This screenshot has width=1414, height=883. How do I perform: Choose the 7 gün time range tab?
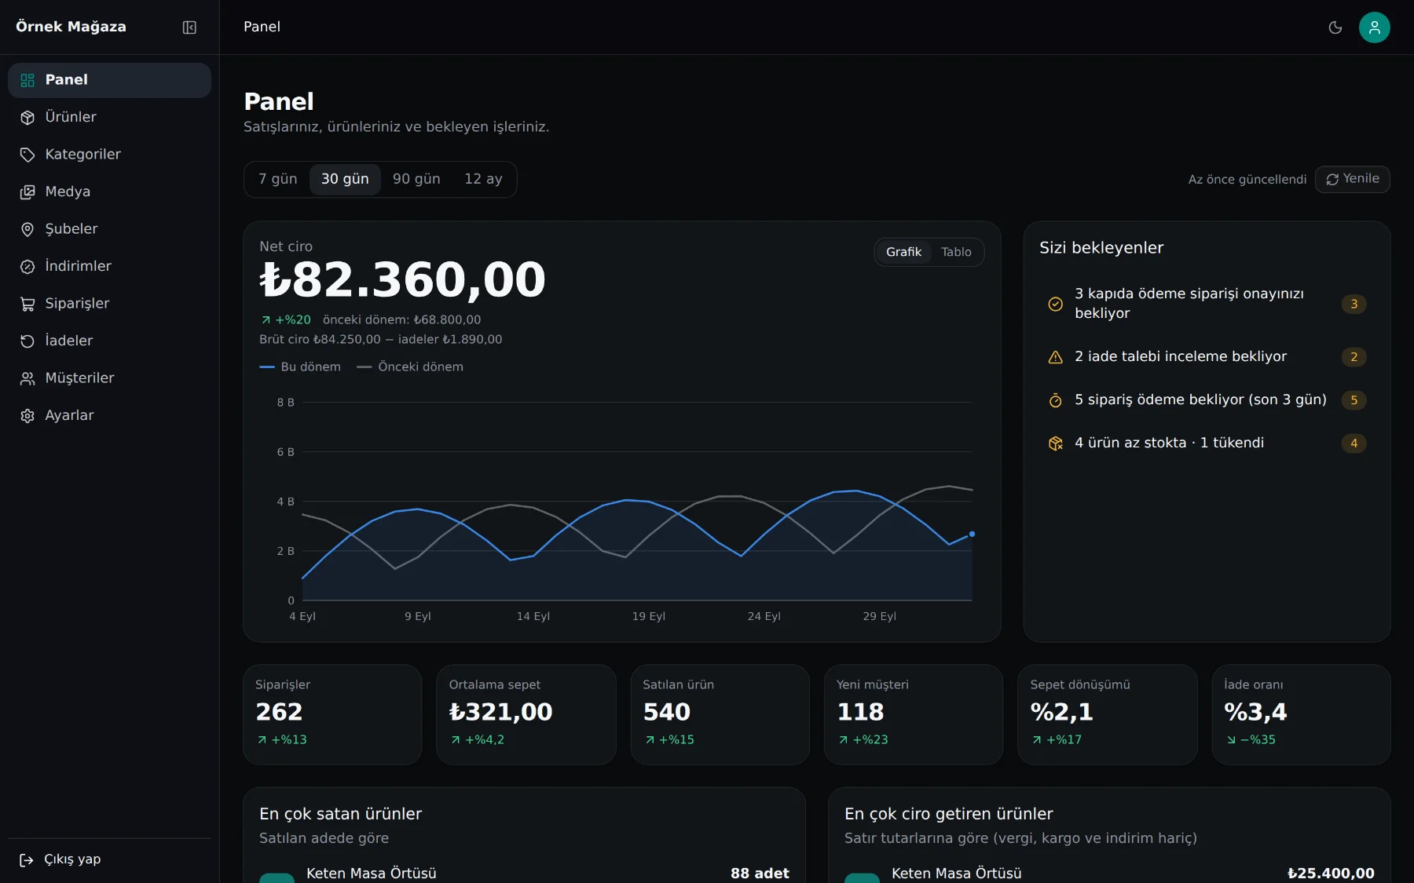coord(278,179)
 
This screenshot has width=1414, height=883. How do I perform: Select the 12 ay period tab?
coord(483,179)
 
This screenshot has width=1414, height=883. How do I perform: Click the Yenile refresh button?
coord(1352,179)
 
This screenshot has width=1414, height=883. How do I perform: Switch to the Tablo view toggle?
coord(956,252)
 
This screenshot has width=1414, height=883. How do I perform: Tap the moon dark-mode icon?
coord(1335,27)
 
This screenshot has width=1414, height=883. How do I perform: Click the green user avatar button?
coord(1374,27)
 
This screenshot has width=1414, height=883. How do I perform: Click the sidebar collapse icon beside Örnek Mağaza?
coord(189,27)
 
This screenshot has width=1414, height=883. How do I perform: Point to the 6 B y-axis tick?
coord(285,452)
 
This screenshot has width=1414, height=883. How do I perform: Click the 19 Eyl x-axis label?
coord(648,616)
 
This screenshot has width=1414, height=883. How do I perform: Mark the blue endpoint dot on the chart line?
coord(972,534)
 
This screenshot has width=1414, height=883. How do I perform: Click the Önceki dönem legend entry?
coord(410,367)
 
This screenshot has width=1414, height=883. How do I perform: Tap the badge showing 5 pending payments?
coord(1354,400)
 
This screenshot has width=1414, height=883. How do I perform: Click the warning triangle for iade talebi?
coord(1056,357)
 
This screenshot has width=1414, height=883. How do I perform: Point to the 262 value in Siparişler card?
coord(279,712)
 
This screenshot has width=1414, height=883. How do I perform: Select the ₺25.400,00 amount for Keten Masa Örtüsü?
coord(1331,873)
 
